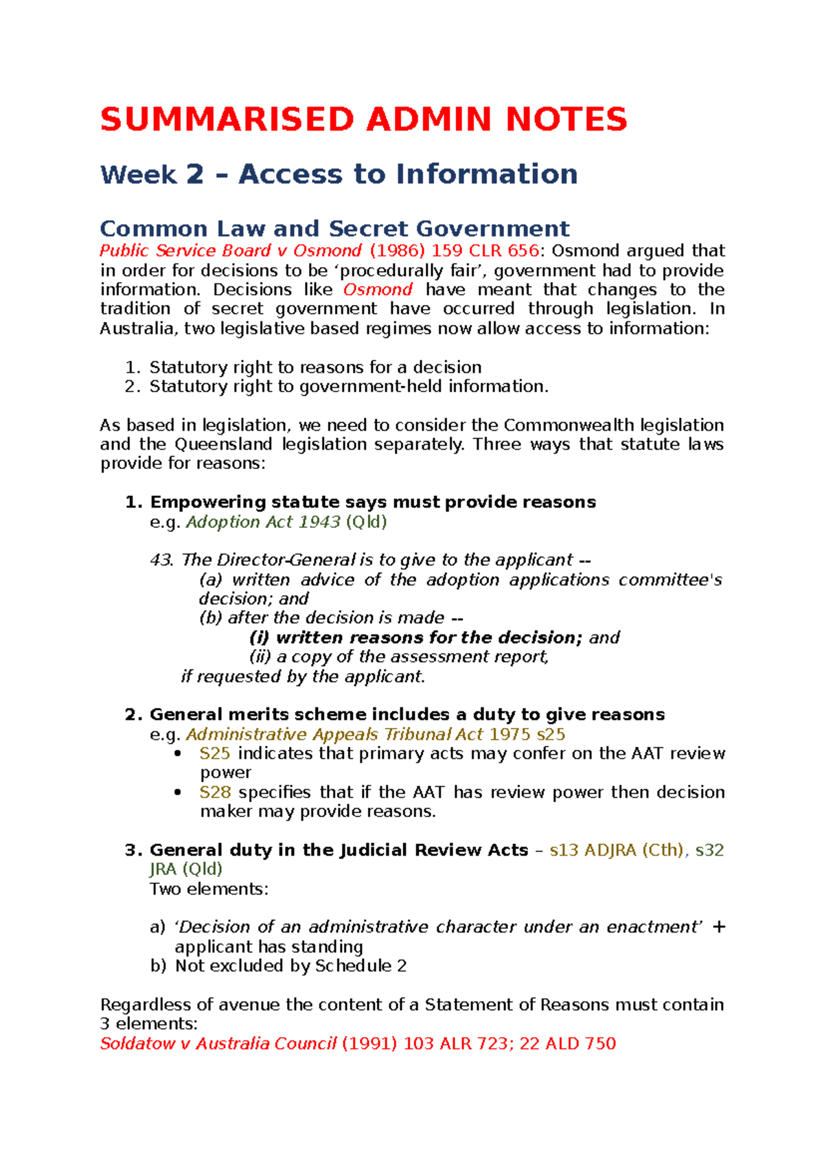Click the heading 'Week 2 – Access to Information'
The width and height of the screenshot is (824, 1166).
(x=339, y=174)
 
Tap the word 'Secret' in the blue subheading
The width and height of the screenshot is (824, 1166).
(x=369, y=229)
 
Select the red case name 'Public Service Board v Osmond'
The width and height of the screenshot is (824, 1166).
(x=231, y=251)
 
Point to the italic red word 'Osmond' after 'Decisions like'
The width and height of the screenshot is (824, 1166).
(x=378, y=290)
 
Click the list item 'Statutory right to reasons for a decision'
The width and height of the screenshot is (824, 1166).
(x=315, y=367)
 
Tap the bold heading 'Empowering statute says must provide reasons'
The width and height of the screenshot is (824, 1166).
(x=373, y=503)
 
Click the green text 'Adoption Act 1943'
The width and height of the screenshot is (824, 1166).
(x=263, y=522)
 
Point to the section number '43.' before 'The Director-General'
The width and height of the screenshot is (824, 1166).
(x=163, y=560)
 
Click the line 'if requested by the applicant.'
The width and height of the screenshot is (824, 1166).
(x=303, y=677)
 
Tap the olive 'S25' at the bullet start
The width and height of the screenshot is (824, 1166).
(x=214, y=754)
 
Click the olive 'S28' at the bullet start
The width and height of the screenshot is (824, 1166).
(x=214, y=792)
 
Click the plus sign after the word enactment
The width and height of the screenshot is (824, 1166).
(x=719, y=927)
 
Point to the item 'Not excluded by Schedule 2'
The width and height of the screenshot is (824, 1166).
(x=290, y=966)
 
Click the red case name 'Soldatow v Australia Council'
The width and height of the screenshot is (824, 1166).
(x=218, y=1044)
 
